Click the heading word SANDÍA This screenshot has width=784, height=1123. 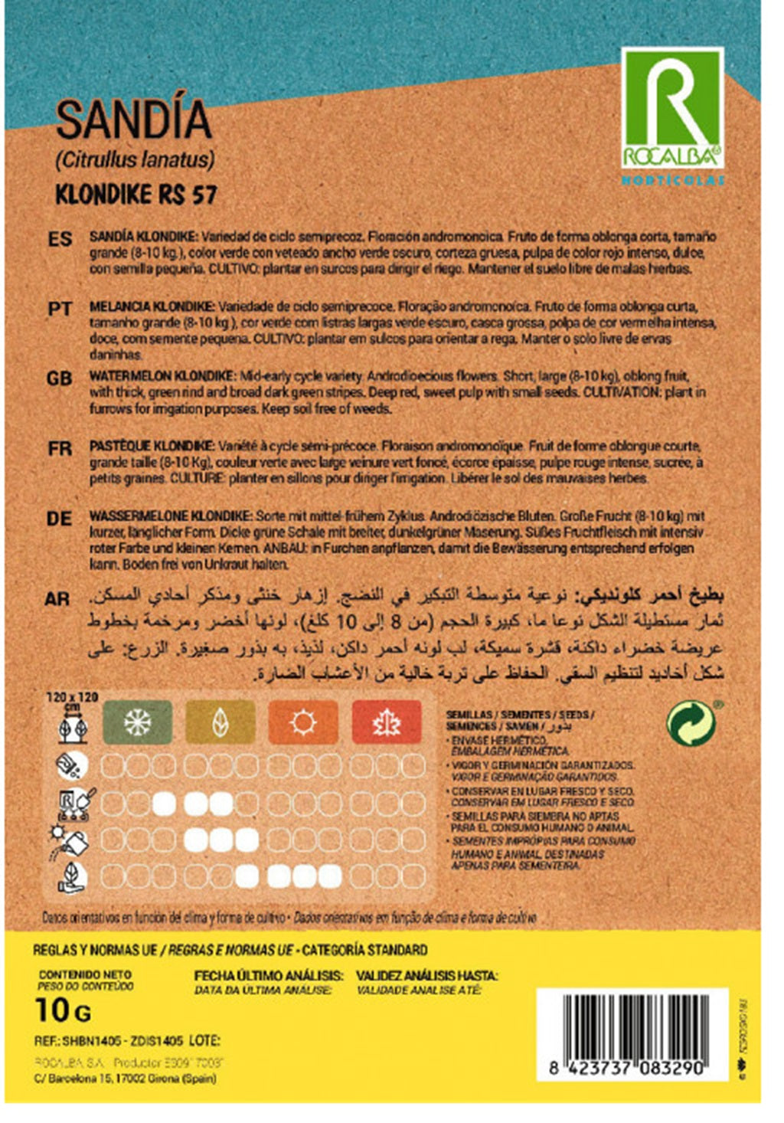click(133, 120)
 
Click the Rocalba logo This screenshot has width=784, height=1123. click(671, 108)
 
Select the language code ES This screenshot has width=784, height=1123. click(60, 240)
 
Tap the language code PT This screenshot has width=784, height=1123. click(60, 309)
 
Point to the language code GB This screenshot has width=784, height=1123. click(60, 378)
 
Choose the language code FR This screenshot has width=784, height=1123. click(60, 448)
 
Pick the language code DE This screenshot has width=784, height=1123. click(60, 519)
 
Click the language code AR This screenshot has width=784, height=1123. click(57, 599)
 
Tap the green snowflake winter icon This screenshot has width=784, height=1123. click(138, 722)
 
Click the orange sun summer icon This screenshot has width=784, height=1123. click(303, 722)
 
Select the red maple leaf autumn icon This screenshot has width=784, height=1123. click(386, 722)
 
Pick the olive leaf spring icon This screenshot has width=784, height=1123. click(220, 722)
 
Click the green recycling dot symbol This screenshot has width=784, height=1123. click(691, 722)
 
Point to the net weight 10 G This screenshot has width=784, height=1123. click(63, 1010)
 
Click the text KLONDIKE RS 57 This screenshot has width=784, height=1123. click(136, 195)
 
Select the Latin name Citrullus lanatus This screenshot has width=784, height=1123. click(135, 160)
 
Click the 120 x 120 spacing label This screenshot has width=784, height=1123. click(73, 697)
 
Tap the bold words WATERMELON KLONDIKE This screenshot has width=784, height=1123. click(162, 376)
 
